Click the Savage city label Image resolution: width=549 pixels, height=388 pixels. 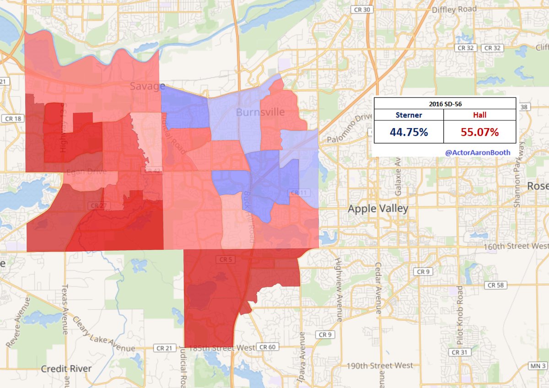click(147, 86)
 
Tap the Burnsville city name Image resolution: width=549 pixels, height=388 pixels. click(260, 112)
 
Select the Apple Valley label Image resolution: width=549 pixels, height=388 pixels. click(378, 209)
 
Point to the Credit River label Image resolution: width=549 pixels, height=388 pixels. click(66, 368)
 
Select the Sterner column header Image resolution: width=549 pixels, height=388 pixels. click(409, 115)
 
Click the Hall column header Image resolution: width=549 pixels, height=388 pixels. click(480, 115)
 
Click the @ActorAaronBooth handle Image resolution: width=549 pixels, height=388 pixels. click(478, 151)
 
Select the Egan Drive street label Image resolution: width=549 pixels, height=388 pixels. click(86, 172)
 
